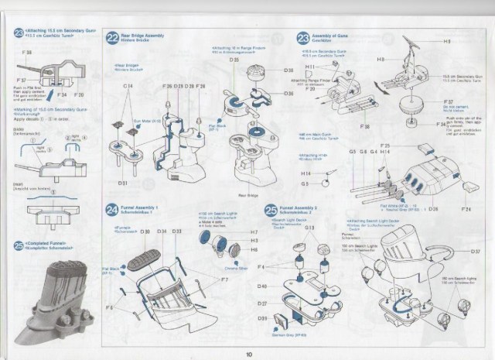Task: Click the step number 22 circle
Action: (x=112, y=37)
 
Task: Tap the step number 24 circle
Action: (x=112, y=210)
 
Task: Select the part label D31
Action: (x=123, y=183)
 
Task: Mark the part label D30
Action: (x=145, y=231)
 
